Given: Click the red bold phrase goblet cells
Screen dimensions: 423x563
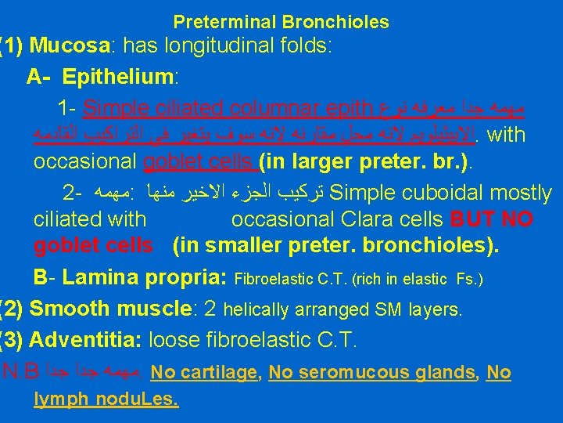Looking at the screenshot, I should click(93, 247).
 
